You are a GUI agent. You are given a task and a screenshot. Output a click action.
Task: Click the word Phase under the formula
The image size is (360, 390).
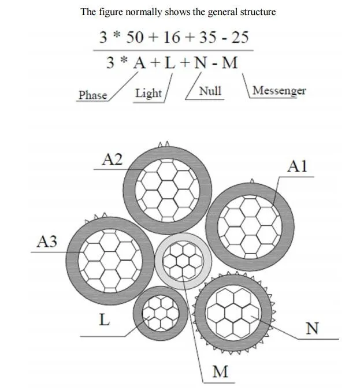(93, 95)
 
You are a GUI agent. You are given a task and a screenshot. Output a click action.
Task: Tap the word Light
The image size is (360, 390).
(149, 94)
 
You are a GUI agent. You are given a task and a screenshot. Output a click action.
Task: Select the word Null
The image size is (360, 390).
(210, 91)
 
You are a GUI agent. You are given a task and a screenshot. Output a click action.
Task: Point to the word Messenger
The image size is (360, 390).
(279, 91)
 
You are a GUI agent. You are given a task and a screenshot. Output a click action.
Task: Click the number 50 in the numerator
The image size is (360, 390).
(135, 38)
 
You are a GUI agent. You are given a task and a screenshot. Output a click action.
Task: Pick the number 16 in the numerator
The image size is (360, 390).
(172, 38)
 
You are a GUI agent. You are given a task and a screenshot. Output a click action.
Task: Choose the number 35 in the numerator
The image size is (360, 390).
(208, 38)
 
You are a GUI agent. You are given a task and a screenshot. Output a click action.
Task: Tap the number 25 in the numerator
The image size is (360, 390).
(240, 38)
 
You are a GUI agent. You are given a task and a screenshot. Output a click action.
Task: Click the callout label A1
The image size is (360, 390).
(298, 166)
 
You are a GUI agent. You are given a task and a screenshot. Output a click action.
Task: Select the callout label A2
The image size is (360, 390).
(112, 159)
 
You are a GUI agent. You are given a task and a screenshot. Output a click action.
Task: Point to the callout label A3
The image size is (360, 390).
(47, 242)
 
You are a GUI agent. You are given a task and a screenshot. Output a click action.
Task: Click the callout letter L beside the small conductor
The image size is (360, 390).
(105, 320)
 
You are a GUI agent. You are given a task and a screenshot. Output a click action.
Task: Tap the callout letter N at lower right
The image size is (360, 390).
(312, 328)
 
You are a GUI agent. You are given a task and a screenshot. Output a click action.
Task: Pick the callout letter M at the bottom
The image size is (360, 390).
(220, 372)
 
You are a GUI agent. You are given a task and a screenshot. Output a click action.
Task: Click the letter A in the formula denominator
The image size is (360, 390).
(139, 62)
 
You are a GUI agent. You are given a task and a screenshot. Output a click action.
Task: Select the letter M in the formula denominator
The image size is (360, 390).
(229, 62)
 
